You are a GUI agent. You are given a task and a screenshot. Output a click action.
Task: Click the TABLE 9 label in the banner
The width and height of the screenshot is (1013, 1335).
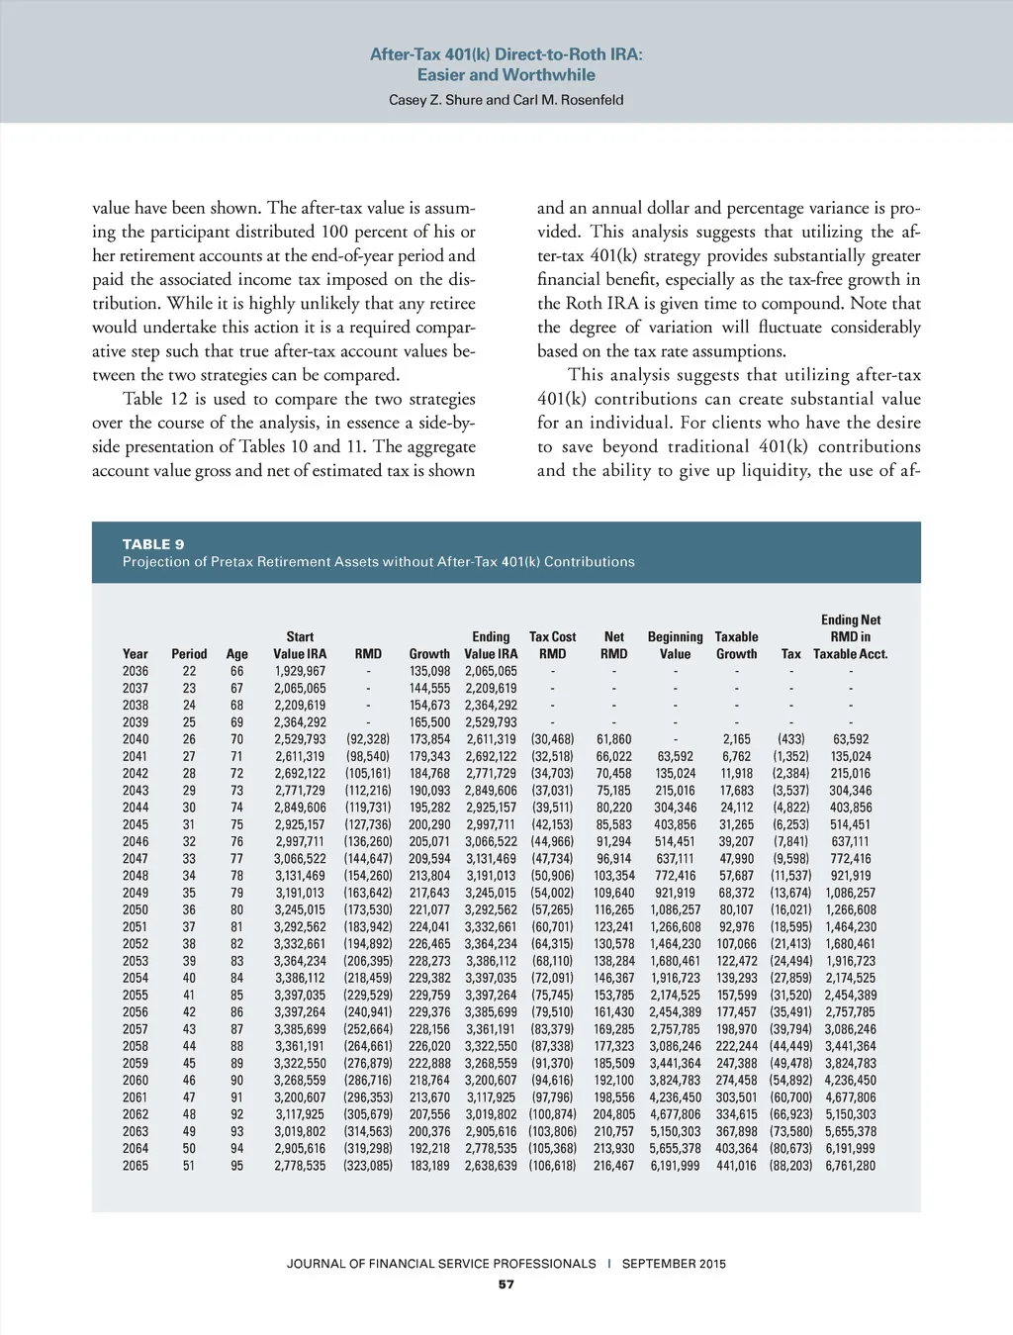[x=153, y=544]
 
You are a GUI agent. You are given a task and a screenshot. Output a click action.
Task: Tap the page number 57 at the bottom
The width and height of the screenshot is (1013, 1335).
[x=506, y=1285]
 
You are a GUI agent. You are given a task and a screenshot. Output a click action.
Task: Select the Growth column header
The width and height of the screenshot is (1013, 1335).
[x=429, y=654]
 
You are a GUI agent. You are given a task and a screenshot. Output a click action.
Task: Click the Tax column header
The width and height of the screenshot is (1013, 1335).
[x=790, y=654]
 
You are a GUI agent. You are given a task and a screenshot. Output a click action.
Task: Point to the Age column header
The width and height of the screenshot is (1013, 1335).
[x=236, y=654]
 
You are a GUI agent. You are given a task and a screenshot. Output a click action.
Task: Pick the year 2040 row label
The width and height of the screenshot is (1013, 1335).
[x=136, y=739]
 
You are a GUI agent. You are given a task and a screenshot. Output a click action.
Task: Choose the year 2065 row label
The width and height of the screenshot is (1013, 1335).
[x=136, y=1166]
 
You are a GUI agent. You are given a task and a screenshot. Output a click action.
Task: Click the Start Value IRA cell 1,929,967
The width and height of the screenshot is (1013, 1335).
[x=300, y=671]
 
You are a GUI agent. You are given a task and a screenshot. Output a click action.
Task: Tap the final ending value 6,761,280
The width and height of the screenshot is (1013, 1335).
[x=851, y=1166]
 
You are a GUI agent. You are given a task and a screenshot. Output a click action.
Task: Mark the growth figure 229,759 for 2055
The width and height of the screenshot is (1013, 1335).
[x=429, y=996]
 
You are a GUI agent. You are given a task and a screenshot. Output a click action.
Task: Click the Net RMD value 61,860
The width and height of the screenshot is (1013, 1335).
[x=614, y=739]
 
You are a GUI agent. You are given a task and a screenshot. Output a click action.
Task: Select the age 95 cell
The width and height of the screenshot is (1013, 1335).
[x=236, y=1166]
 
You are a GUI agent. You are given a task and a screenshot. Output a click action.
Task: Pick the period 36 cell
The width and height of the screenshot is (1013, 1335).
[x=189, y=910]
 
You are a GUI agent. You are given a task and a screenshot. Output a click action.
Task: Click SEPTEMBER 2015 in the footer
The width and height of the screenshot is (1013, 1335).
[x=674, y=1264]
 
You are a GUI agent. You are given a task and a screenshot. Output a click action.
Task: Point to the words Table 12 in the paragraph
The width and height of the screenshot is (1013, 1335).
[x=155, y=399]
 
